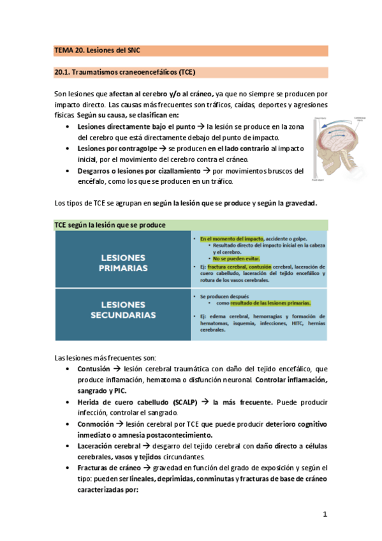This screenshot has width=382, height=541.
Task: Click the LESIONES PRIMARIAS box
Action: click(122, 262)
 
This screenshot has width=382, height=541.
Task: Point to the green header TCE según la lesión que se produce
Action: click(110, 225)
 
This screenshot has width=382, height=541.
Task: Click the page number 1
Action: click(324, 514)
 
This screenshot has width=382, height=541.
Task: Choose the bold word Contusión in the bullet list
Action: click(93, 369)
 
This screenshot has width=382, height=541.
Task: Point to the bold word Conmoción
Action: click(94, 424)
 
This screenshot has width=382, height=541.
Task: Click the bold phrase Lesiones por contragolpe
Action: click(119, 149)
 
